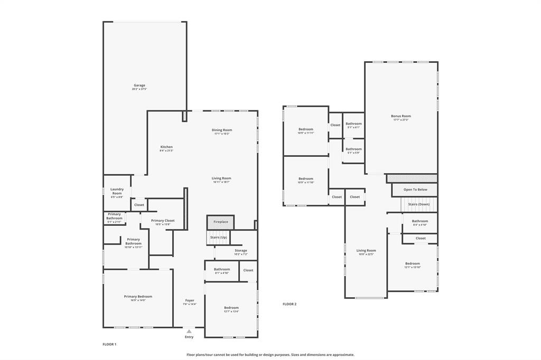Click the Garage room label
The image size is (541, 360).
coord(139,85)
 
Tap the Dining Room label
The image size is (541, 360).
coord(223,130)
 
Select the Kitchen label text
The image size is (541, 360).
coord(166,147)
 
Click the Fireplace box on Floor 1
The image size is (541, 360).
coord(220,222)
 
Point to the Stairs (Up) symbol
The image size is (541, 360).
coord(218,238)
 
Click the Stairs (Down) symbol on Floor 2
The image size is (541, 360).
coord(419,204)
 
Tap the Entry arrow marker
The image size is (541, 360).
coord(189,331)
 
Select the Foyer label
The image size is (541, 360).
coord(190,300)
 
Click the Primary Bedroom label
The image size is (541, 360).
coord(138,297)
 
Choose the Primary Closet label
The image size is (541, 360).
coord(163,221)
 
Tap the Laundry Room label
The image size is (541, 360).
coord(117,191)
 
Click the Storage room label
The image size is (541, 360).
coord(240,251)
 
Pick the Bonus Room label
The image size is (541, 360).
coord(400,116)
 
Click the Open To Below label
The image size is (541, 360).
coord(415,190)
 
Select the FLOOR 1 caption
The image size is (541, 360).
coord(109,344)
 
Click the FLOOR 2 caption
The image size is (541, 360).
coord(290,304)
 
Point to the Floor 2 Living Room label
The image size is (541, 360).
coord(366,251)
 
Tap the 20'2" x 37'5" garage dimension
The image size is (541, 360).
coord(139,89)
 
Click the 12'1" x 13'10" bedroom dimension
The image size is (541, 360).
coord(413,268)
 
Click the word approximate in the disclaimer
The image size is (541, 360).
coord(341,355)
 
